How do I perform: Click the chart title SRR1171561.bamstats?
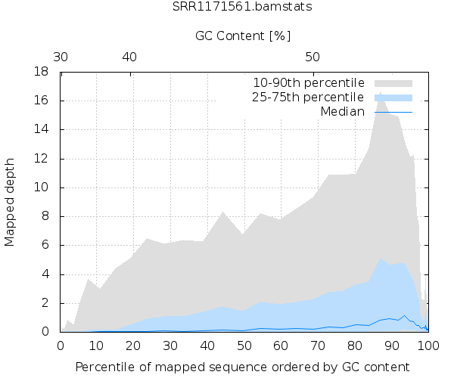242,7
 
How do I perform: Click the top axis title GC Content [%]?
243,36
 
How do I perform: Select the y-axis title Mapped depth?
10,202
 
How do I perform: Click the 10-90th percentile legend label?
308,82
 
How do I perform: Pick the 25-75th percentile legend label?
308,98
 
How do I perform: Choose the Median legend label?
343,112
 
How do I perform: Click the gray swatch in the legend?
393,82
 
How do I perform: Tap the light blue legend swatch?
393,98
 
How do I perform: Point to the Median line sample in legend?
393,112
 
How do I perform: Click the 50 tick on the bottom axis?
244,345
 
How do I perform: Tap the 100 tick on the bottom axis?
428,345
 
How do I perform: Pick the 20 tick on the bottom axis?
134,345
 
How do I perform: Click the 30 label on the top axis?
61,57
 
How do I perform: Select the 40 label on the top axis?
129,57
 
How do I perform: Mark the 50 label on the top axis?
313,57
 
